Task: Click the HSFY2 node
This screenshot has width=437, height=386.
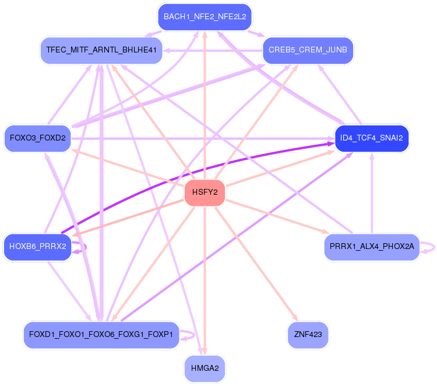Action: pyautogui.click(x=205, y=194)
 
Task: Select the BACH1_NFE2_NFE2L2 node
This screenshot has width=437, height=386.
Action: pyautogui.click(x=205, y=17)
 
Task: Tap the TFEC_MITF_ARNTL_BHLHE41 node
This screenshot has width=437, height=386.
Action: pyautogui.click(x=101, y=50)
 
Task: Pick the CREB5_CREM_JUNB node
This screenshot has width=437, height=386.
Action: pyautogui.click(x=308, y=50)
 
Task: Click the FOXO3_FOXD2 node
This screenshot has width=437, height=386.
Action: pyautogui.click(x=37, y=139)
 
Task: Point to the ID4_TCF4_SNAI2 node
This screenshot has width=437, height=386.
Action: pyautogui.click(x=372, y=139)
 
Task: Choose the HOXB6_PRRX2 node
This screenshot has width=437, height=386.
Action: pyautogui.click(x=37, y=247)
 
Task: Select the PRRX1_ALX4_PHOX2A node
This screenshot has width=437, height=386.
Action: pyautogui.click(x=372, y=247)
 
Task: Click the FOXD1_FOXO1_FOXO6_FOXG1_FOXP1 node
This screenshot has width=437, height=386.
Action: pyautogui.click(x=101, y=335)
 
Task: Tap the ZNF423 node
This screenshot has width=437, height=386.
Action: pyautogui.click(x=308, y=335)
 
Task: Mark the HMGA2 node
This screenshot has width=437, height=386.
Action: pyautogui.click(x=205, y=369)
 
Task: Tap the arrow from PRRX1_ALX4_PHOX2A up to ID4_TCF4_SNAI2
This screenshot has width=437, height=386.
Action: pyautogui.click(x=372, y=192)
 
